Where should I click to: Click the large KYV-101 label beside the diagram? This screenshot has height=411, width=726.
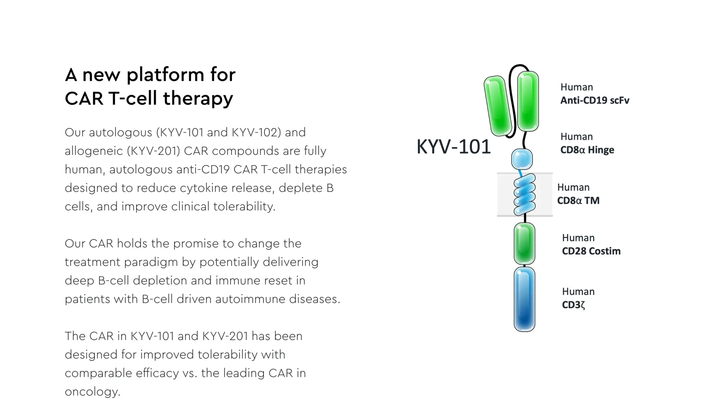pos(453,147)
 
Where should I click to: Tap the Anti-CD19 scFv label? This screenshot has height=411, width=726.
pos(595,100)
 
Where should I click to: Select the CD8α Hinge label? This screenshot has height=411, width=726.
pos(587,150)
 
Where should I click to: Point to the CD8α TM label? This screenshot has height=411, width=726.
pos(578,201)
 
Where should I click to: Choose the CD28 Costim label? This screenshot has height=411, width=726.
pos(591,251)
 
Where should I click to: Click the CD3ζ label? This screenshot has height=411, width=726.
pos(573,305)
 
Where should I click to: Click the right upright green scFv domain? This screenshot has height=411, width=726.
pos(528,101)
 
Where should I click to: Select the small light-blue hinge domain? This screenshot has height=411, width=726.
pos(522,159)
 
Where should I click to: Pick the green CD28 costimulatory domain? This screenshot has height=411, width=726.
pos(525,243)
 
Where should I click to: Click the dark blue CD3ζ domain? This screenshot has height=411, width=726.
pos(525,299)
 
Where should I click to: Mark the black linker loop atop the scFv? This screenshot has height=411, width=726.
pos(519,66)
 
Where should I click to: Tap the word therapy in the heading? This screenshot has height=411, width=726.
pos(198,99)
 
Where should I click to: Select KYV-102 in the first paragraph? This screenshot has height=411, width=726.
pos(256,132)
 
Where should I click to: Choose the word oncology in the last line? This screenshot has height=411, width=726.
pos(93,392)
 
